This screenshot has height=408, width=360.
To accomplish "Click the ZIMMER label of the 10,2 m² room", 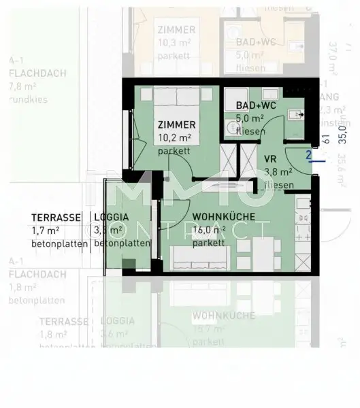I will [177, 125].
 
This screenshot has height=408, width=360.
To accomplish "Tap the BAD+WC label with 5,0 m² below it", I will [255, 105].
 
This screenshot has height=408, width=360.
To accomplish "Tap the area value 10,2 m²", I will [174, 137].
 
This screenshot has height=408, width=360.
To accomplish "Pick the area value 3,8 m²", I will [278, 172].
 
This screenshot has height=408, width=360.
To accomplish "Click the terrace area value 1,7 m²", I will [46, 231].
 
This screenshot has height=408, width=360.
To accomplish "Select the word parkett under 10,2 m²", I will [171, 151].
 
